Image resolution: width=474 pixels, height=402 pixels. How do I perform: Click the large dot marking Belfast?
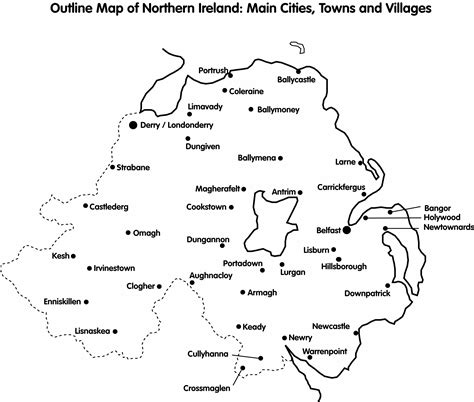pyautogui.click(x=346, y=229)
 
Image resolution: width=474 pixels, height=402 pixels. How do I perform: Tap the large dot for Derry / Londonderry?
pyautogui.click(x=132, y=125)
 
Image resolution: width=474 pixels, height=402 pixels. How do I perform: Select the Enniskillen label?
pyautogui.click(x=61, y=300)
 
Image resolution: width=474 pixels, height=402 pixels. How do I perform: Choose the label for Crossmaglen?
pyautogui.click(x=206, y=387)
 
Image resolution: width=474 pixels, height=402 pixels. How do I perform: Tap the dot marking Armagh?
pyautogui.click(x=242, y=292)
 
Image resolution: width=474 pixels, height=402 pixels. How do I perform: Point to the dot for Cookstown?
pyautogui.click(x=232, y=207)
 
